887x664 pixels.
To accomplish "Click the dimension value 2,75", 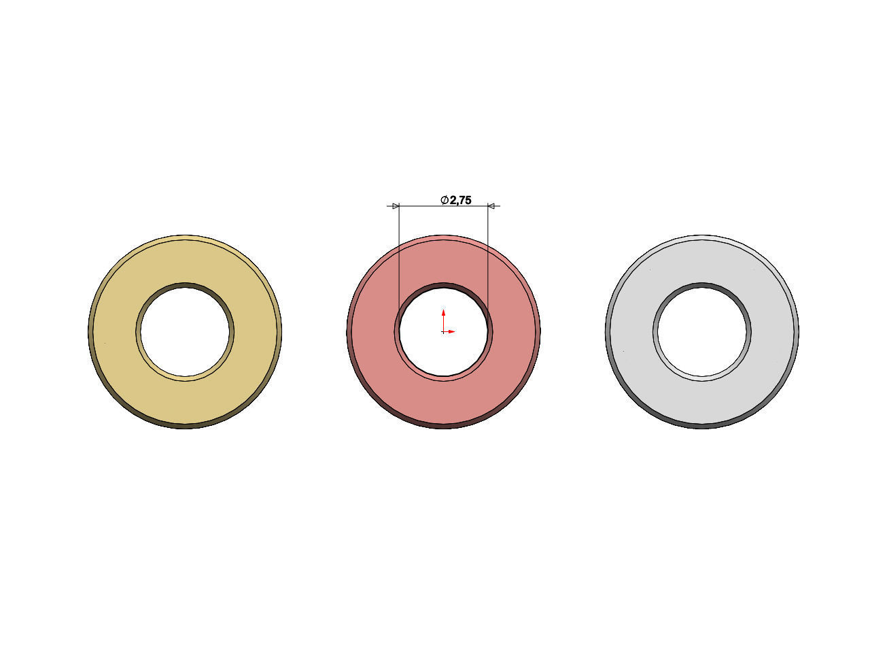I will (x=460, y=200).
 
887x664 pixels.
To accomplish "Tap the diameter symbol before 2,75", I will (x=444, y=200).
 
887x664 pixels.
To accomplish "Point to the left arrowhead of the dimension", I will (x=396, y=205).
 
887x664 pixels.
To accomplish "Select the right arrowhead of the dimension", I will (x=491, y=205).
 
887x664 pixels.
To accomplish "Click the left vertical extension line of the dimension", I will (x=399, y=259).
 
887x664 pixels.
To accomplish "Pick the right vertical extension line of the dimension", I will (x=488, y=259).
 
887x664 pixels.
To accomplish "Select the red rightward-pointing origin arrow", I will (x=451, y=332).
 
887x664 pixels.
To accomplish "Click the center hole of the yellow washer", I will (x=185, y=331).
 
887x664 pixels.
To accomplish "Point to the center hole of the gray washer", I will (x=701, y=331).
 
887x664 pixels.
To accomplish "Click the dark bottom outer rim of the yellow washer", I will (x=185, y=425).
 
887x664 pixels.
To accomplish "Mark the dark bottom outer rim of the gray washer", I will (x=701, y=425).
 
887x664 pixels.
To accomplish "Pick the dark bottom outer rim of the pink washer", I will (x=443, y=425).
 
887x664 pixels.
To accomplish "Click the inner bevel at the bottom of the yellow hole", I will (x=185, y=377).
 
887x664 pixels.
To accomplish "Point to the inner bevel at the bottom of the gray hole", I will (x=701, y=377).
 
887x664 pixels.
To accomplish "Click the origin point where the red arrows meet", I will (x=443, y=332).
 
